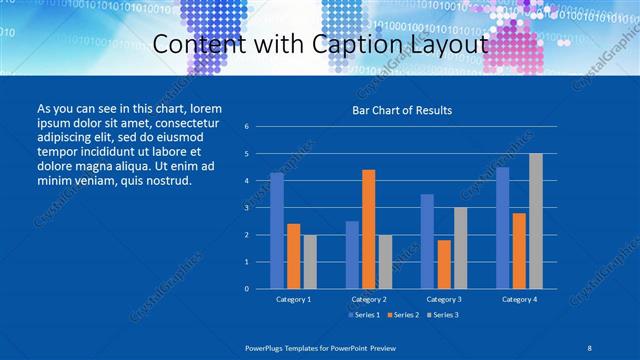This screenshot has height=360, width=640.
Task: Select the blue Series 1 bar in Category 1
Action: coord(277,231)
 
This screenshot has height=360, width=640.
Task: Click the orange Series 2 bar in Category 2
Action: coord(369,229)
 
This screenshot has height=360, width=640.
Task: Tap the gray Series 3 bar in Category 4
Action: coord(536,221)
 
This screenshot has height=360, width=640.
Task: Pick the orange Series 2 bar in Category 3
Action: coord(444,264)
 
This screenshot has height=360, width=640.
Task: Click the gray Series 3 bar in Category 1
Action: coord(310,262)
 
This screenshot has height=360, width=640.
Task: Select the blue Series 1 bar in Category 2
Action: coord(352,255)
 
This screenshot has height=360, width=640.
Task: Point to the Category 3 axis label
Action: coord(444,299)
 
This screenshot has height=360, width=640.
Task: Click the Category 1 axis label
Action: coord(293,299)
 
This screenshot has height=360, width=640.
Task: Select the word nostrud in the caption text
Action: coord(163,181)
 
